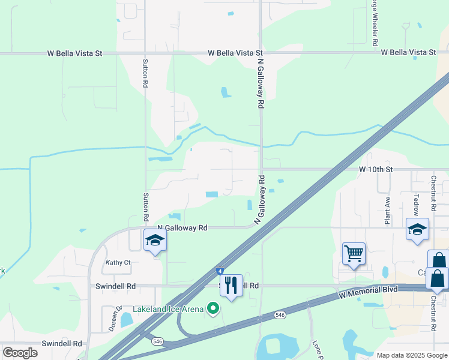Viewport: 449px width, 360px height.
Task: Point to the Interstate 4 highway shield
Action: tap(221, 272)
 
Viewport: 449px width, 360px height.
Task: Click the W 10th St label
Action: tap(376, 170)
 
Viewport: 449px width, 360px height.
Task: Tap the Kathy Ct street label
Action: tap(118, 262)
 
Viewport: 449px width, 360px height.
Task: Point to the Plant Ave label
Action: tap(388, 211)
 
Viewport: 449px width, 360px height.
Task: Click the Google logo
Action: tap(20, 353)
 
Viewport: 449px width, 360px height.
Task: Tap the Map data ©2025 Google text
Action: tap(412, 355)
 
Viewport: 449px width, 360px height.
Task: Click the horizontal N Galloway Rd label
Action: tap(182, 228)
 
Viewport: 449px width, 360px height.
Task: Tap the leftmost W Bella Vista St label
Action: tap(75, 53)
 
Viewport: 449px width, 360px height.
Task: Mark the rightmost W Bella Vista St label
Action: tap(408, 53)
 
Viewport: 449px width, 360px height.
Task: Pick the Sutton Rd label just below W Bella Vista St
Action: tap(145, 73)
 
